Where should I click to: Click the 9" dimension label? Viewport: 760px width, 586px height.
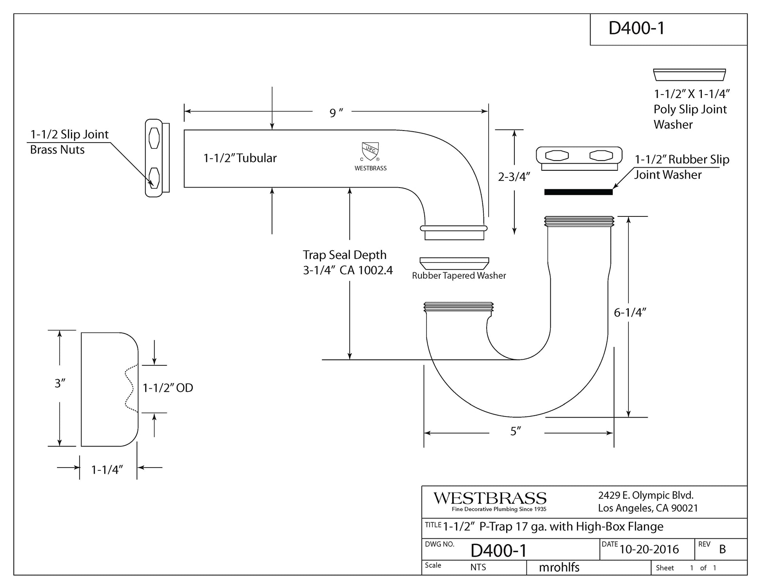click(336, 113)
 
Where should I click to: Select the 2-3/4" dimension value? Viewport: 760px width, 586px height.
click(514, 177)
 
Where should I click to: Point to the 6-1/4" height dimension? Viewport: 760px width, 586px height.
click(630, 313)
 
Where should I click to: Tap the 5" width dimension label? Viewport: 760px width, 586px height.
click(516, 431)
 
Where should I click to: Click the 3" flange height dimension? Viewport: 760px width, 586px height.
click(60, 383)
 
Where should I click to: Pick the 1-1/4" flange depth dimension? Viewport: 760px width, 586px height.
click(107, 470)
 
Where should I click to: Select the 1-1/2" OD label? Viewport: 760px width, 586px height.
click(168, 388)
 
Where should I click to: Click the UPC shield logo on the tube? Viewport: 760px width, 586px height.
click(370, 152)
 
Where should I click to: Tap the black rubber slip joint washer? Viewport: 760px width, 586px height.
click(578, 192)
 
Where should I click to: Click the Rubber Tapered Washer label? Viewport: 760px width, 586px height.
click(459, 276)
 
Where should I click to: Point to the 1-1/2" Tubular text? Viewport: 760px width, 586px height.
click(240, 158)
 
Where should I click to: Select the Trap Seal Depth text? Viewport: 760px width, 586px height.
click(345, 255)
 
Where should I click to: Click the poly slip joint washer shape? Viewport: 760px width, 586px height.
click(690, 75)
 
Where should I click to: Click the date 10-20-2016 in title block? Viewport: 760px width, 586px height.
click(649, 549)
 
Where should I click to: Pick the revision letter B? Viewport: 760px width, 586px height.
click(723, 549)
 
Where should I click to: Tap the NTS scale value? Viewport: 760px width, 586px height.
click(478, 567)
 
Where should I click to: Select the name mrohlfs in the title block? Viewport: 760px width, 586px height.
click(559, 567)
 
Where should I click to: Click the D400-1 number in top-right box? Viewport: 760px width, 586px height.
click(637, 28)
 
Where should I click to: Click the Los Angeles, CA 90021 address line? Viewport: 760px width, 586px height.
click(648, 508)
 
